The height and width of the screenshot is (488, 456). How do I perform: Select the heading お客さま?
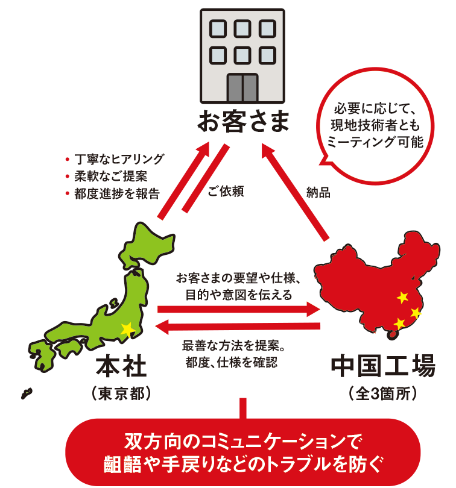coord(242,123)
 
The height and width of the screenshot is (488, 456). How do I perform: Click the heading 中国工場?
coord(382,366)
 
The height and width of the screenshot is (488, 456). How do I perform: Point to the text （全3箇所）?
coord(382,393)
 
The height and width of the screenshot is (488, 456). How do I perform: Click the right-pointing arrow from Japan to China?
coord(238,310)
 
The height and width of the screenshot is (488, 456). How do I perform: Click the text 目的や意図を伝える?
coord(238,295)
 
